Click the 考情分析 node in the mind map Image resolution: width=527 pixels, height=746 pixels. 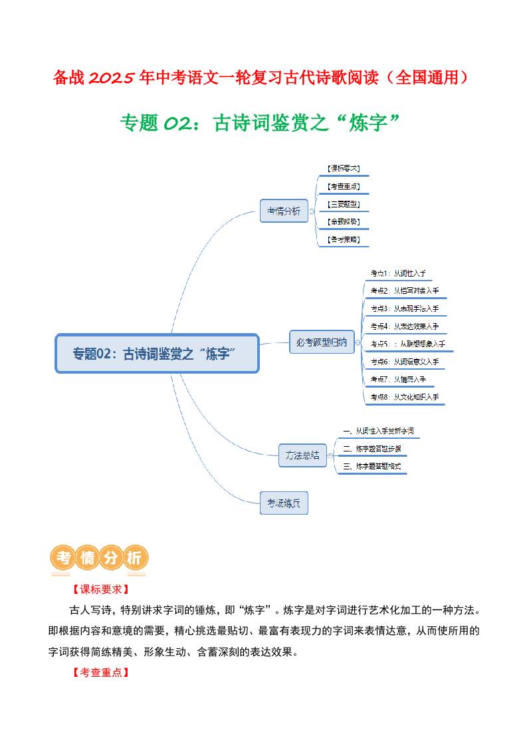point(284,211)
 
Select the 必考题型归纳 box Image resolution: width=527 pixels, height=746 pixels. point(322,342)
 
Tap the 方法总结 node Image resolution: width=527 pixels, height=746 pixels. point(302,455)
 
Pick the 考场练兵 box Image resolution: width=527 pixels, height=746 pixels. point(284,503)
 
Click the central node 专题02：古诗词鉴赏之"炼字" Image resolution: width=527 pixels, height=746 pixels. point(157,354)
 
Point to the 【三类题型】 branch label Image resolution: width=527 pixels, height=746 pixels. point(344,204)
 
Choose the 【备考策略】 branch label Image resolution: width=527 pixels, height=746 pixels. point(344,239)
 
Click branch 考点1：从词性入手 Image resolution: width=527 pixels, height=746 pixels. point(397,273)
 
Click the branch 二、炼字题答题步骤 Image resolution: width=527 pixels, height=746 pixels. point(371,449)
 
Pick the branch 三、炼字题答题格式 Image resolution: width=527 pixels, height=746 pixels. point(371,467)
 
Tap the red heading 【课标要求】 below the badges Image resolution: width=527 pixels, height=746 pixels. point(99,590)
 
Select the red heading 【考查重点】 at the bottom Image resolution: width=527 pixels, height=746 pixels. point(99,673)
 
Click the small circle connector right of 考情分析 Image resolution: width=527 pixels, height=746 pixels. point(312,211)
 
